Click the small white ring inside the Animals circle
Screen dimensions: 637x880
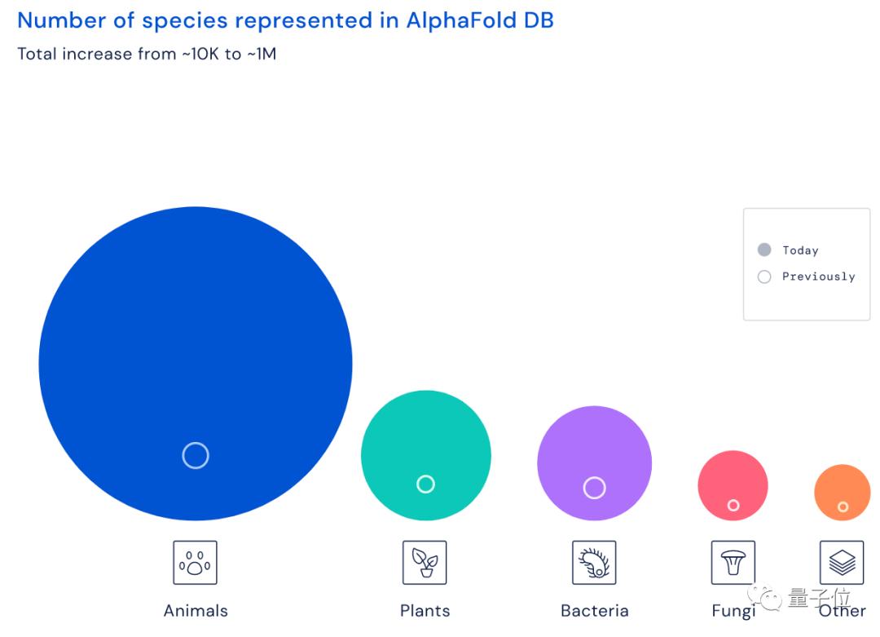tap(196, 455)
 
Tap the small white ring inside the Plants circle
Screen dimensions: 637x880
tap(425, 484)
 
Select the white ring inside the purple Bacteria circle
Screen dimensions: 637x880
tap(595, 488)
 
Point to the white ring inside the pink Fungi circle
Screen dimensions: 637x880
tap(733, 506)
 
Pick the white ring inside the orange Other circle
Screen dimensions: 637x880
tap(843, 507)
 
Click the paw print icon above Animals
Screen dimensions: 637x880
tap(195, 563)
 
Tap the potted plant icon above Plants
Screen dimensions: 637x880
tap(425, 563)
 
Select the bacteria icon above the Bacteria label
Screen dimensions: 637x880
tap(594, 563)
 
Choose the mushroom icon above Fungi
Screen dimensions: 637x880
tap(733, 563)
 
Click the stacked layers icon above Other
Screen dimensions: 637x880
tap(842, 563)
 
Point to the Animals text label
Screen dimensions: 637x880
tap(196, 611)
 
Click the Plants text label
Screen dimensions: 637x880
tap(425, 611)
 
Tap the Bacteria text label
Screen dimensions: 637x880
tap(595, 611)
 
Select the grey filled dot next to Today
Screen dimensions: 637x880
tap(764, 250)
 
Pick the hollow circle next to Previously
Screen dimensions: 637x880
tap(764, 276)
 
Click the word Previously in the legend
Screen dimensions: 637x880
tap(818, 276)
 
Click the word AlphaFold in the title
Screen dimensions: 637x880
tap(458, 20)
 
